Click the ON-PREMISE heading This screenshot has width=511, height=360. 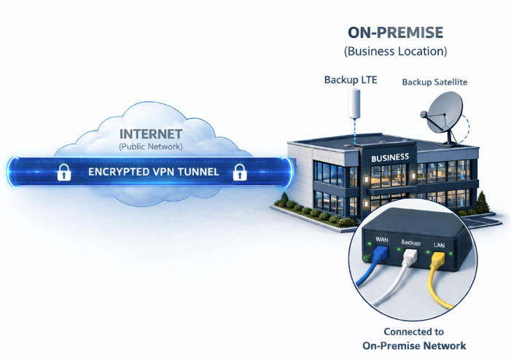[x=394, y=34]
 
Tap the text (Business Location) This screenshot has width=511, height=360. [x=394, y=52]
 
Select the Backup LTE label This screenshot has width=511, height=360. [x=351, y=79]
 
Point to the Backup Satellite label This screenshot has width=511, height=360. [x=434, y=82]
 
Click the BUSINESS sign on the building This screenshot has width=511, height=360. [x=390, y=157]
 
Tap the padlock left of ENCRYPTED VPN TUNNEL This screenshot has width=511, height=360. [x=63, y=173]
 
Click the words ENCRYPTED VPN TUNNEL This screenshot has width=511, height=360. [x=151, y=173]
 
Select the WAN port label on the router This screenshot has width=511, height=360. [x=383, y=238]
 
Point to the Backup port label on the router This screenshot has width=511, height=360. [x=412, y=240]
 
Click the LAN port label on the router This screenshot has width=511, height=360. [x=440, y=245]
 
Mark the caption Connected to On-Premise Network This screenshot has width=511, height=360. [x=414, y=339]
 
